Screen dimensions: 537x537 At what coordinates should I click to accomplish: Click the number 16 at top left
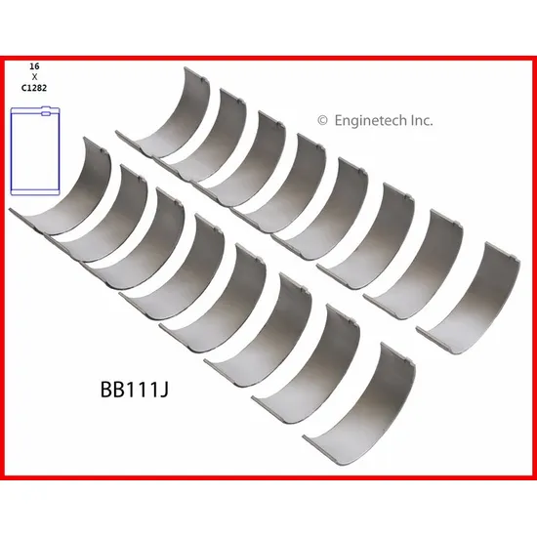click(34, 66)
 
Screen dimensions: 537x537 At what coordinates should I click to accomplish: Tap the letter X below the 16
click(34, 77)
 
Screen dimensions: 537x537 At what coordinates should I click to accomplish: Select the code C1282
click(34, 88)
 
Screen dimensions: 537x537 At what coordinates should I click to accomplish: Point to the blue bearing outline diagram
click(35, 151)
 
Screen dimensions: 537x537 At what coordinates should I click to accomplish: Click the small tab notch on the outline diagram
click(46, 112)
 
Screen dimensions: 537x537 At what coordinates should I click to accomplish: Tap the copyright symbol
click(322, 120)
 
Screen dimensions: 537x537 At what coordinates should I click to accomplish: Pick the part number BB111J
click(135, 390)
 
